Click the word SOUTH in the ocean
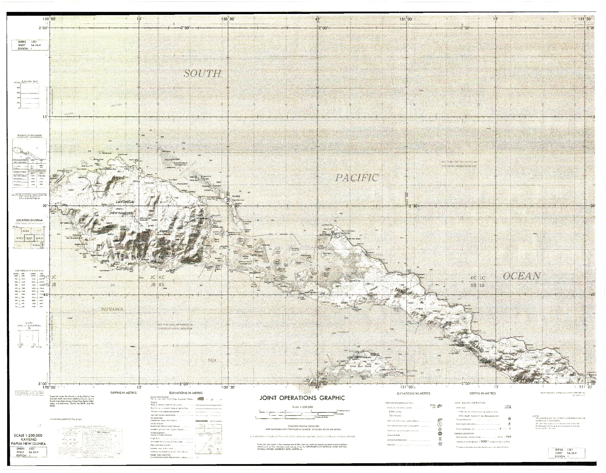tap(202, 73)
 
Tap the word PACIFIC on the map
tap(357, 178)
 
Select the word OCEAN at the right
tap(521, 276)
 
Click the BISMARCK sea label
tap(112, 309)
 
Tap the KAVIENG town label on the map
tap(325, 235)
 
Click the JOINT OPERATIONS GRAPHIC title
tap(302, 398)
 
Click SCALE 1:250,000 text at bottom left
tap(28, 435)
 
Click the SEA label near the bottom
tap(212, 360)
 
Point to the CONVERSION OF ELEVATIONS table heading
tap(29, 271)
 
